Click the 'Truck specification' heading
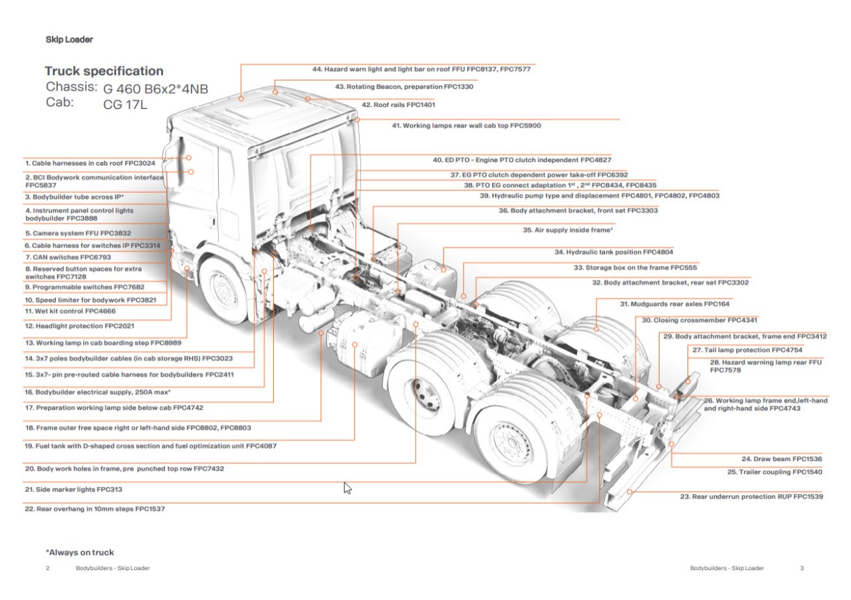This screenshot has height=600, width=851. pyautogui.click(x=104, y=71)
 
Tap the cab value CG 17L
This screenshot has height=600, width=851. pyautogui.click(x=126, y=104)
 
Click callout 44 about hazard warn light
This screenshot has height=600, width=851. pyautogui.click(x=421, y=69)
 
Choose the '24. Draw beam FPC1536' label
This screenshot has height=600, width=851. pyautogui.click(x=782, y=459)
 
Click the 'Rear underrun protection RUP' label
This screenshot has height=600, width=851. pyautogui.click(x=751, y=497)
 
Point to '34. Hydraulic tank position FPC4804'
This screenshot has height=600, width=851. pyautogui.click(x=614, y=253)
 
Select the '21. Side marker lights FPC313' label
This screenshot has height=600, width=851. pyautogui.click(x=73, y=490)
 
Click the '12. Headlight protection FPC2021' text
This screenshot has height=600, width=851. pyautogui.click(x=80, y=327)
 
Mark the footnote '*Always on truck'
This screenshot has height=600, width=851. pyautogui.click(x=79, y=552)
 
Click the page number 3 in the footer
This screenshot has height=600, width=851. pyautogui.click(x=802, y=568)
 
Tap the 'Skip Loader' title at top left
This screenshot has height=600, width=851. pyautogui.click(x=69, y=39)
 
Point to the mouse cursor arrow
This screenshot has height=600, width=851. pyautogui.click(x=347, y=488)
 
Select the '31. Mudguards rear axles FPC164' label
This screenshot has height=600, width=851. pyautogui.click(x=674, y=304)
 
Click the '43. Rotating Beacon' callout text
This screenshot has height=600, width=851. pyautogui.click(x=404, y=87)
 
